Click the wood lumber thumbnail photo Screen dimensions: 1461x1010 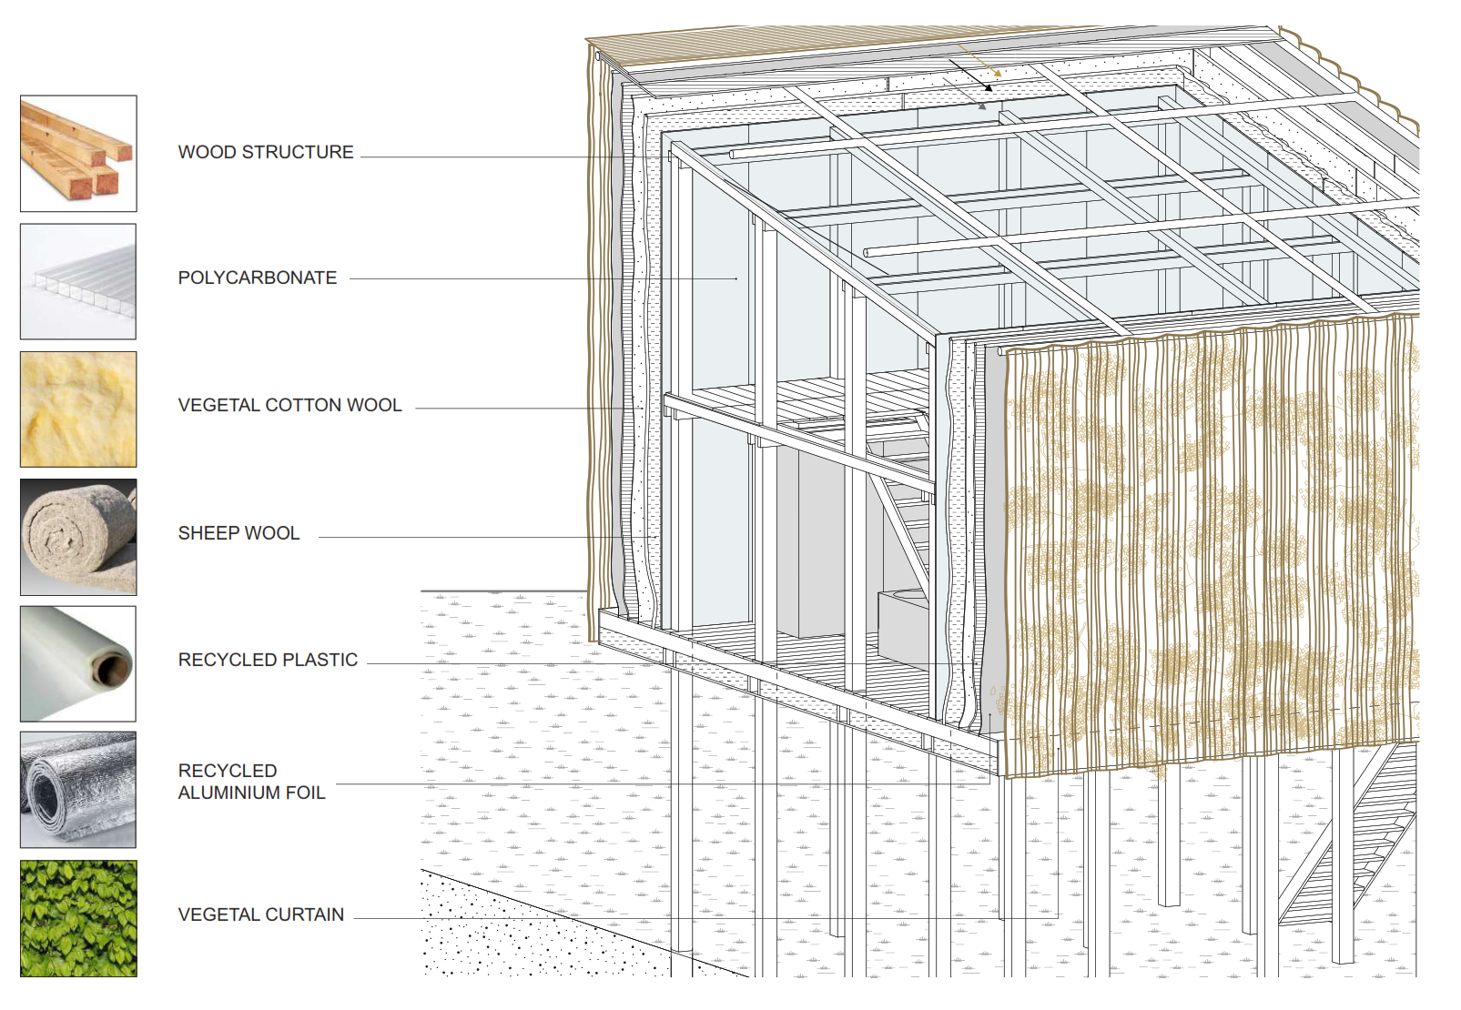(78, 153)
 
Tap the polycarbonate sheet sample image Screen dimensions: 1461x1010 (78, 281)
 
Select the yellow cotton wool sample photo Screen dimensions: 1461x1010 (78, 409)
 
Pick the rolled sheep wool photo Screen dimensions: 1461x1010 (78, 537)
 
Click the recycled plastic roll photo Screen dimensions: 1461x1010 (78, 664)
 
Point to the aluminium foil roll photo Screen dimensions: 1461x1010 (78, 790)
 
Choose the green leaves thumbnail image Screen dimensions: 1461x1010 (78, 918)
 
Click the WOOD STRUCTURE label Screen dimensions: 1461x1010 (266, 152)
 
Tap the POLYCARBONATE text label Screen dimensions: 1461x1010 (258, 278)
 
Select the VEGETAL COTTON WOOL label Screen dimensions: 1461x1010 (289, 405)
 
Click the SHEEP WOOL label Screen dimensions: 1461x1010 (238, 533)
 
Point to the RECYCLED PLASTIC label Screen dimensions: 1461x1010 (268, 660)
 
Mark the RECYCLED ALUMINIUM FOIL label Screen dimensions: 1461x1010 (251, 782)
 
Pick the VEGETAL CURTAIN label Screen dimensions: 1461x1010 (261, 914)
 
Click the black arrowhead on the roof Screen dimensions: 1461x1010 (988, 87)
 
